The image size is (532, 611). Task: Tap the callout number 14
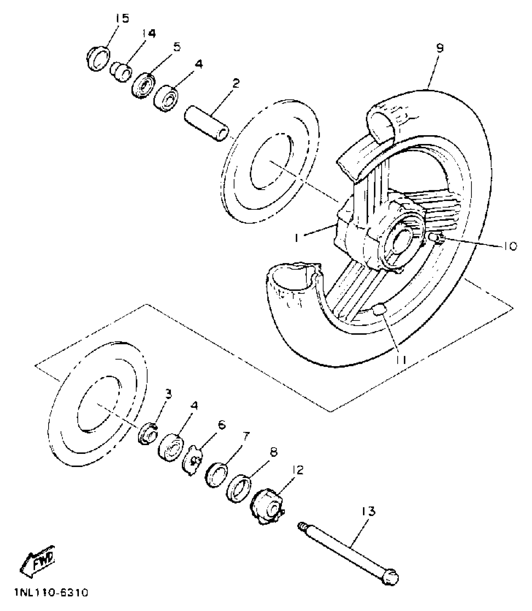(x=149, y=33)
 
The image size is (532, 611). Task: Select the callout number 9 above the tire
(x=440, y=48)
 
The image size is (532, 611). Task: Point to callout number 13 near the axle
(x=368, y=512)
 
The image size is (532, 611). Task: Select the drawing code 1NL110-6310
(x=51, y=593)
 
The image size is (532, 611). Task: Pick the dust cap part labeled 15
(x=98, y=59)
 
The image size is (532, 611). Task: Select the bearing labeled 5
(x=143, y=86)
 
